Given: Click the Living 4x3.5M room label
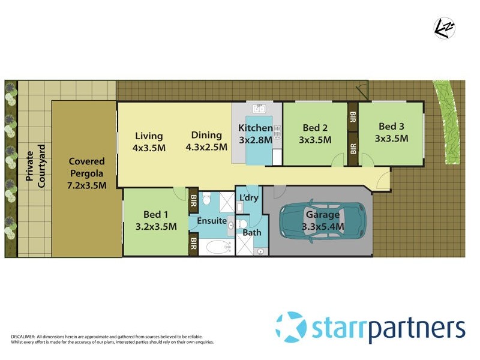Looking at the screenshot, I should (149, 141).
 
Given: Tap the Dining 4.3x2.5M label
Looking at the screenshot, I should (206, 141).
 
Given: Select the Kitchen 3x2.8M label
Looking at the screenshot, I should (255, 134).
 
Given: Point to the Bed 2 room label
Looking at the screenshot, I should (315, 133).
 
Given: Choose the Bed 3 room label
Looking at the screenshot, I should (391, 132).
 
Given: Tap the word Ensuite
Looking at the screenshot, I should (212, 221).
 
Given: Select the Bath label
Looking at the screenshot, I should (251, 233).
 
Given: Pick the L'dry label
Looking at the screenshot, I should (249, 198).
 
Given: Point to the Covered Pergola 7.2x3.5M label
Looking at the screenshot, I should (86, 173).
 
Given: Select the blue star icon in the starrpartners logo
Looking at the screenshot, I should (290, 328).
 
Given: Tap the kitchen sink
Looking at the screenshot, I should (259, 109).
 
